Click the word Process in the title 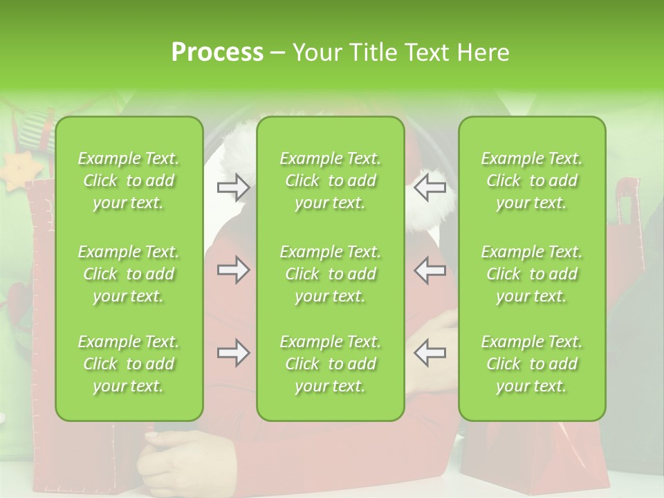(217, 53)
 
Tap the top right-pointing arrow (233, 187)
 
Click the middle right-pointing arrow (233, 270)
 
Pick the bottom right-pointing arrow (233, 353)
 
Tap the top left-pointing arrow (430, 187)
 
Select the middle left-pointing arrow (430, 270)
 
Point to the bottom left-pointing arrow (430, 353)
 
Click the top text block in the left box (129, 181)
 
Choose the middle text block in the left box (129, 274)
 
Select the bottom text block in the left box (129, 364)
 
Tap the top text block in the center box (331, 181)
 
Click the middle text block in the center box (331, 274)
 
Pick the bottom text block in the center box (331, 364)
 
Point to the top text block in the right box (532, 181)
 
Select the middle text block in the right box (532, 274)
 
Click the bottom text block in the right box (532, 364)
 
